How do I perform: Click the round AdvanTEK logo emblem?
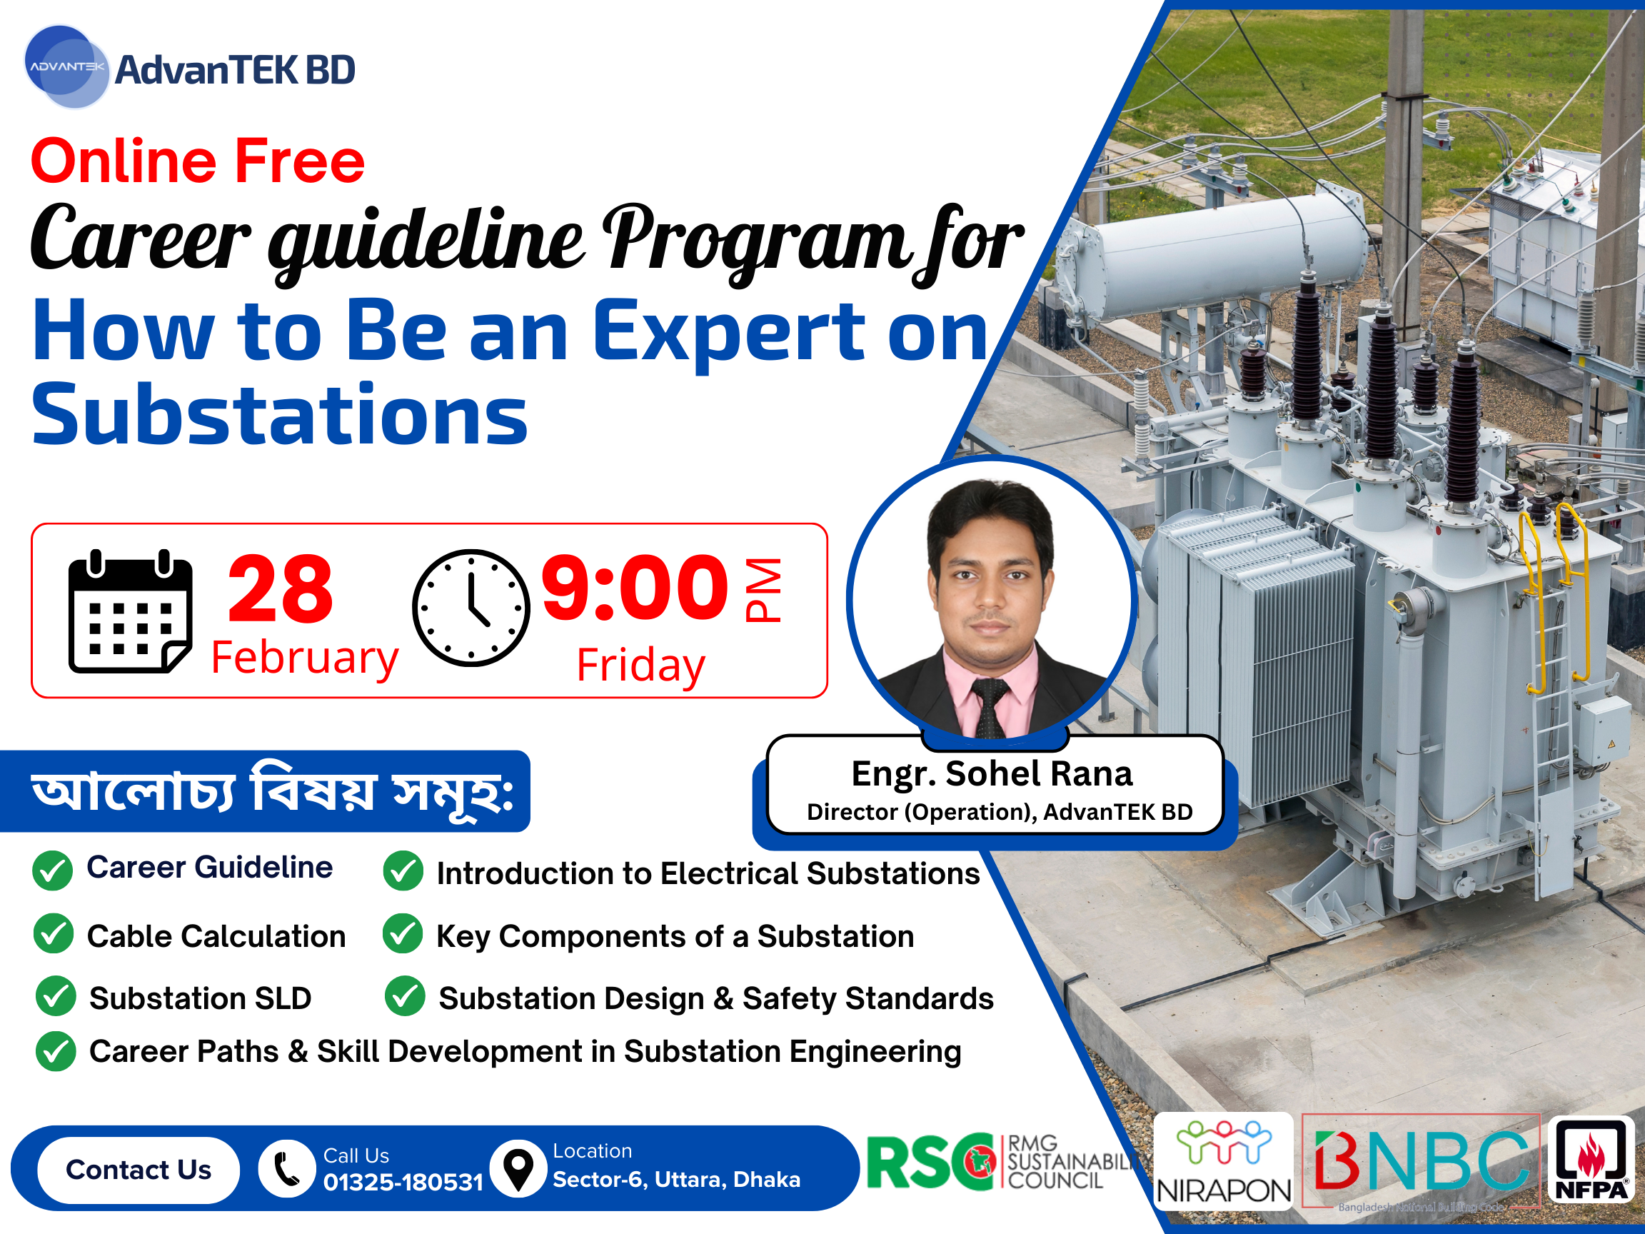pos(67,67)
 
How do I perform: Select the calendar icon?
pos(130,611)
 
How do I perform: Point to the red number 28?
pos(281,589)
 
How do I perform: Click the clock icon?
pos(471,608)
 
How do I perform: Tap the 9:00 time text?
pos(634,588)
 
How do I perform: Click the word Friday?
pos(641,665)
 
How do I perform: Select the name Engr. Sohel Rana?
pos(992,773)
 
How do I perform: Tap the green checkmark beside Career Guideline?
pos(52,871)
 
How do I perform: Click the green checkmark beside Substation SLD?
pos(56,997)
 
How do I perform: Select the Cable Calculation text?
pos(216,936)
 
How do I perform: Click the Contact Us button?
pos(139,1170)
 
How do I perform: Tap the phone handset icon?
pos(287,1168)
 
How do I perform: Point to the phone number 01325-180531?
pos(403,1182)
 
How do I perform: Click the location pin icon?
pos(518,1168)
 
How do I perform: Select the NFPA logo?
pos(1590,1160)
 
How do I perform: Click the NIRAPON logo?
pos(1223,1161)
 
